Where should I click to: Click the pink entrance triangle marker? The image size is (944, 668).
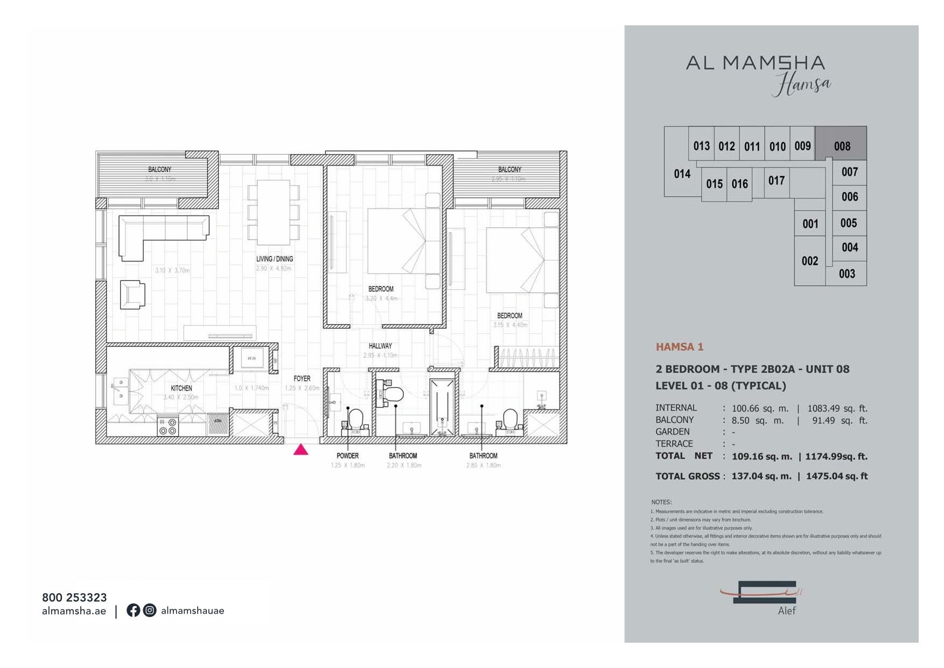(300, 450)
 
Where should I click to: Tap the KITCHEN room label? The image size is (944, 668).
(181, 388)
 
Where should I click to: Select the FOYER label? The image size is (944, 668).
(302, 379)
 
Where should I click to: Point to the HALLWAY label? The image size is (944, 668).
(380, 346)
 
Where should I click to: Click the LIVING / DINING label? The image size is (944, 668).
(275, 259)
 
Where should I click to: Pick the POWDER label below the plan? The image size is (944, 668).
(347, 456)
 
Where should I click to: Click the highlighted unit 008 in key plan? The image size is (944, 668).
(841, 146)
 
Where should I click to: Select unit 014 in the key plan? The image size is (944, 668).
(682, 174)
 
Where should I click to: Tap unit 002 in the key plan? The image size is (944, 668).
(809, 261)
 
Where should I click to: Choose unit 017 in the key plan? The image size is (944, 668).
(776, 180)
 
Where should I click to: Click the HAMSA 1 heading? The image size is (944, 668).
(679, 347)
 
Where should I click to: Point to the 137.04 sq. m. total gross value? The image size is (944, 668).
(761, 476)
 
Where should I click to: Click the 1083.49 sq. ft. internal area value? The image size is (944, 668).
(837, 408)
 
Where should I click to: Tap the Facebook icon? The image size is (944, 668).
(133, 610)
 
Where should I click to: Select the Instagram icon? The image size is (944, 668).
(150, 610)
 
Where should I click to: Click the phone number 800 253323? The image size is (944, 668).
(74, 597)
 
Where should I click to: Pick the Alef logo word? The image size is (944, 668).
(786, 611)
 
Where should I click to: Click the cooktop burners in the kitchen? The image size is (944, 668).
(167, 427)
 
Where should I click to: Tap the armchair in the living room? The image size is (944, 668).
(132, 294)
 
